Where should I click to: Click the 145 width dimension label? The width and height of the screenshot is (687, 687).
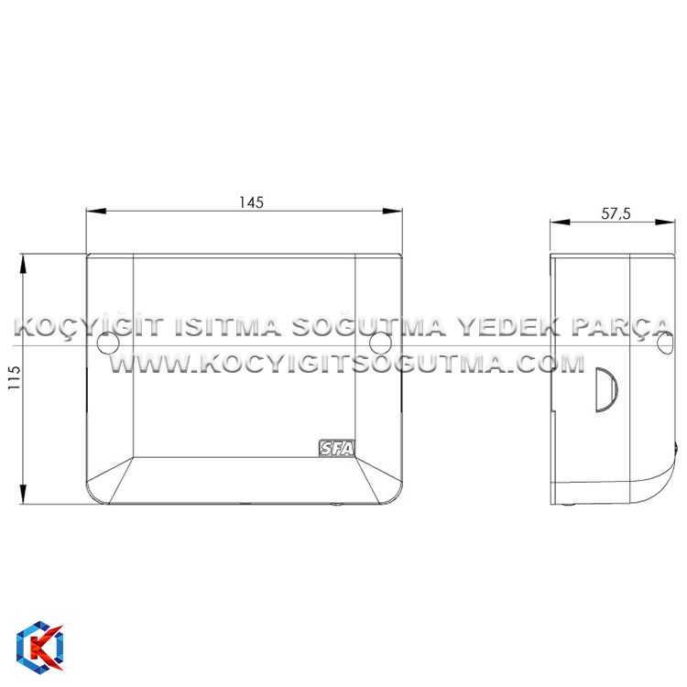252,202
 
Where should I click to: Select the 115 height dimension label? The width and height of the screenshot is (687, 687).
14,377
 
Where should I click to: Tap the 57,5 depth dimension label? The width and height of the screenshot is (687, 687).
616,213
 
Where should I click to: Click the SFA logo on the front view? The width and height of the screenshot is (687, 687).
336,448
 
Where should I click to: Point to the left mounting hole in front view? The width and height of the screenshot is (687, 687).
108,343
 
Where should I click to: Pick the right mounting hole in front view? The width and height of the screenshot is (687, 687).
380,343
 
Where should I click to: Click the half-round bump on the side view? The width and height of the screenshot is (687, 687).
606,390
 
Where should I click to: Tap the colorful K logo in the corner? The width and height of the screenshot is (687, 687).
40,647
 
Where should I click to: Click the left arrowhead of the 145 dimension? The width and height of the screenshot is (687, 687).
96,212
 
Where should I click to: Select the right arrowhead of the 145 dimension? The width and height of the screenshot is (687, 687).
393,212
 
